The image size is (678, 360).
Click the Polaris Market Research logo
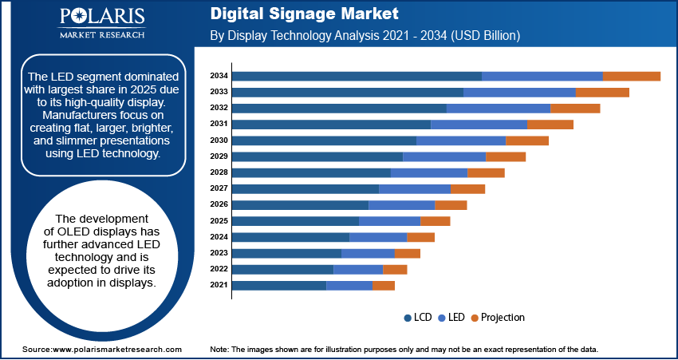101,23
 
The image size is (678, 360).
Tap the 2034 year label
219,76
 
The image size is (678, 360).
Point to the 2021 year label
219,285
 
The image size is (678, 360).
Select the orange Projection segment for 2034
631,76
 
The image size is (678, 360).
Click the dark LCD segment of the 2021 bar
279,285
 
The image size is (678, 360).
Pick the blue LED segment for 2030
461,140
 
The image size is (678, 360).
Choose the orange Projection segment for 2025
435,220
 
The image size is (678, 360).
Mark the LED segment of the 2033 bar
519,92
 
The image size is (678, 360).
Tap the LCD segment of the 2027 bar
305,188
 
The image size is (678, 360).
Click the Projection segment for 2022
395,269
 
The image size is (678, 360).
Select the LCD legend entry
418,317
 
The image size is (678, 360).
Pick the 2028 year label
219,172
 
